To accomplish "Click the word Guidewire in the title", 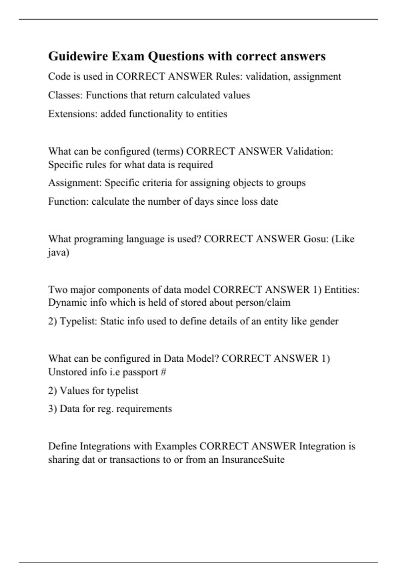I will (78, 56).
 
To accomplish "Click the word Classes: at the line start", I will (66, 95).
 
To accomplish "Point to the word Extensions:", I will (73, 114).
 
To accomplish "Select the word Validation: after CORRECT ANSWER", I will (309, 151).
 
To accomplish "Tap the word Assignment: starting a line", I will (75, 183).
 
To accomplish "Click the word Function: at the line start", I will (68, 201).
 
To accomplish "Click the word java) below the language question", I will (59, 253).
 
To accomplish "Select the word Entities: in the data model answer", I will (341, 290).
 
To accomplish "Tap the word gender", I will (324, 321).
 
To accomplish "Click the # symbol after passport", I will (163, 372).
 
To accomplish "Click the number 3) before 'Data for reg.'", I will (53, 409).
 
